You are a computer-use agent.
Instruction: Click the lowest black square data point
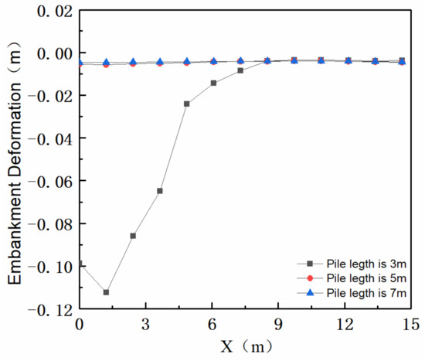106,292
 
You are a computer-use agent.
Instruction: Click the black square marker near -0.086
133,236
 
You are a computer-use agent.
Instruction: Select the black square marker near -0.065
160,191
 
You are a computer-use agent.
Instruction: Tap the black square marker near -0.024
187,104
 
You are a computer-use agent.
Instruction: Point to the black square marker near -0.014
213,83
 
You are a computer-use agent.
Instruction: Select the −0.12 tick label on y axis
48,308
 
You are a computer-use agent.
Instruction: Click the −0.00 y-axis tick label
48,53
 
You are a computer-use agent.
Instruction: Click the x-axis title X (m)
244,347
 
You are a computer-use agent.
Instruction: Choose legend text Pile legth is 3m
356,264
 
